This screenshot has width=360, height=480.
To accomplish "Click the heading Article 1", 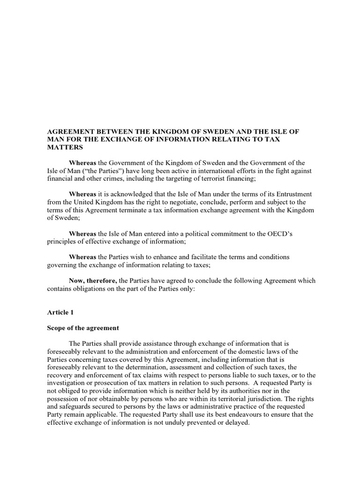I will click(60, 312).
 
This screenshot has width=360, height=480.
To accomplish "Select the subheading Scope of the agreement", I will click(83, 328).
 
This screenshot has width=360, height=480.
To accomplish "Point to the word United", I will click(90, 202).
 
